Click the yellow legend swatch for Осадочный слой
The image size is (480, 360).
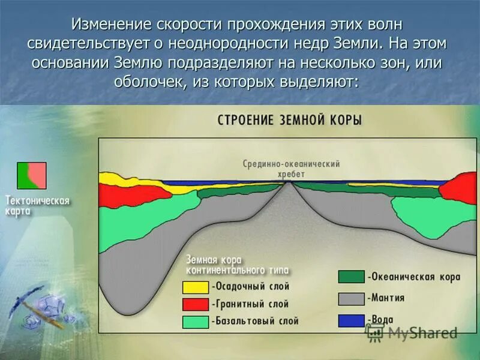coord(196,288)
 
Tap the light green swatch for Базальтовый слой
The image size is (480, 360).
coord(196,322)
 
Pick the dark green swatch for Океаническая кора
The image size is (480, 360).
coord(351,277)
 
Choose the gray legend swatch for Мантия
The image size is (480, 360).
coord(351,298)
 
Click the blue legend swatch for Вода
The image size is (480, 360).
coord(351,320)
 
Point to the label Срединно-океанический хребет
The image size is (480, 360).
coord(292,168)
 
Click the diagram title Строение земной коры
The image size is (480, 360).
coord(289,120)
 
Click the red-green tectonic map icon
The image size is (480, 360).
coord(32,175)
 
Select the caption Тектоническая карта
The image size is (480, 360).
coord(37,206)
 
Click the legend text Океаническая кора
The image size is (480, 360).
coord(415,277)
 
